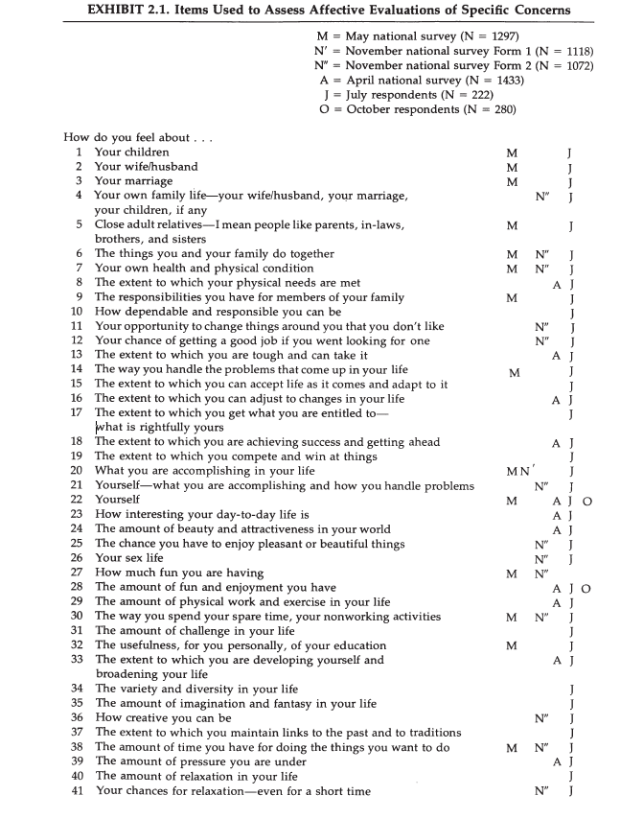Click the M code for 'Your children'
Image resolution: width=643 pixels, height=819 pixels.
click(x=513, y=152)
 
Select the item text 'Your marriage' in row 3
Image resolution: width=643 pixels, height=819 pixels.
click(x=133, y=181)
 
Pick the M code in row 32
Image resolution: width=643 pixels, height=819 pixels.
click(x=513, y=645)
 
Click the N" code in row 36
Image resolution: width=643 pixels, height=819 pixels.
click(x=541, y=718)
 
